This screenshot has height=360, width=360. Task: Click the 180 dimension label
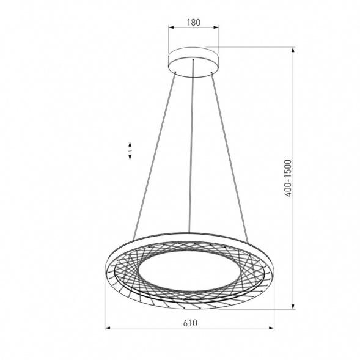(x=193, y=22)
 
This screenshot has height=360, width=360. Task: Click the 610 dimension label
(x=190, y=323)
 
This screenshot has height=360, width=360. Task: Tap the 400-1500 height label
(x=287, y=178)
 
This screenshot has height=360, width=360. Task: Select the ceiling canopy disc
(x=193, y=62)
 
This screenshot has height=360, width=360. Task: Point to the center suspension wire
(x=191, y=146)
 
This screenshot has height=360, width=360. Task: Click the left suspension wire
(x=154, y=156)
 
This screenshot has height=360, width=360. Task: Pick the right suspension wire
(x=230, y=157)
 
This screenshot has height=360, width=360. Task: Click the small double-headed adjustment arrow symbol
(x=130, y=151)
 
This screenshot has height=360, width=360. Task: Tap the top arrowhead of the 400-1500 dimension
(x=293, y=50)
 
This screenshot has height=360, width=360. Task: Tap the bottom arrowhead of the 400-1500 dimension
(x=293, y=306)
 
